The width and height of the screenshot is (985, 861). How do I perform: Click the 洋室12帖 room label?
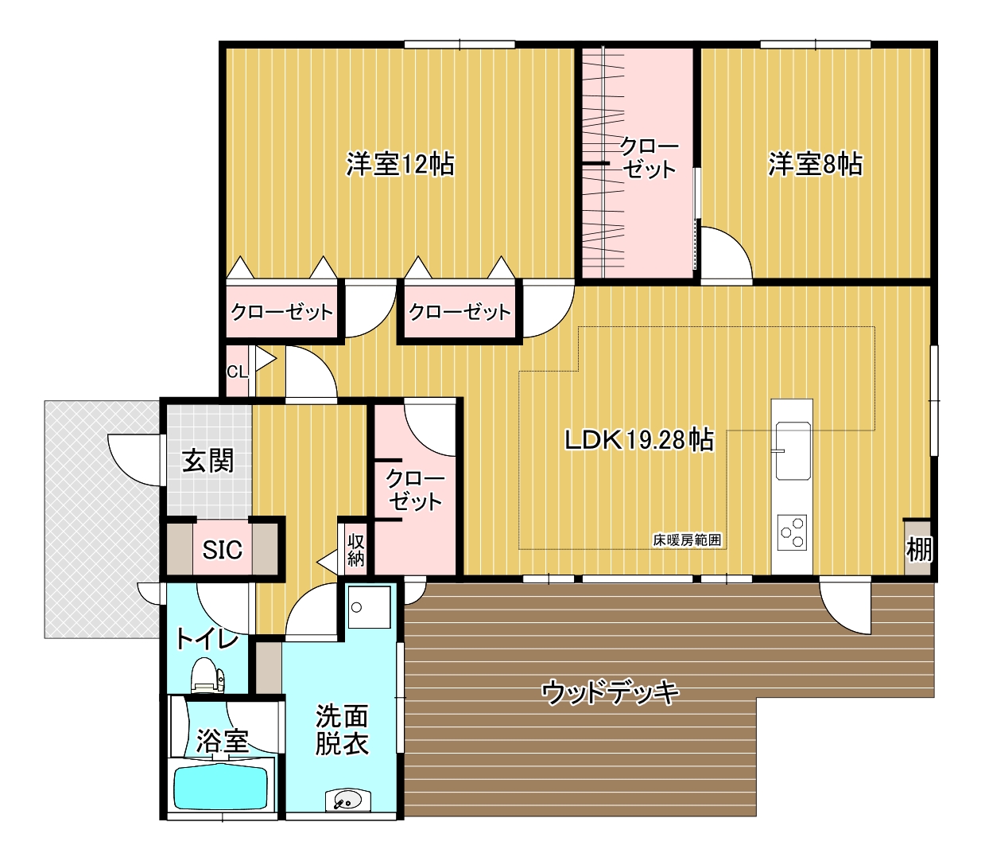[x=400, y=165]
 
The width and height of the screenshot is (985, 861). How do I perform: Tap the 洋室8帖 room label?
[x=815, y=165]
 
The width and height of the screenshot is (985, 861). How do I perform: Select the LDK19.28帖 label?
[x=639, y=439]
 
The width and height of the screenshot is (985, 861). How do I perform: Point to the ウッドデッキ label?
[x=610, y=692]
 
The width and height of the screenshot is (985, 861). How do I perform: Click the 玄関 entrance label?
[x=208, y=461]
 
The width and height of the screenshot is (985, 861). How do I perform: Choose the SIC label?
[x=222, y=550]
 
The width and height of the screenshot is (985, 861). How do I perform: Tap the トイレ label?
[x=207, y=639]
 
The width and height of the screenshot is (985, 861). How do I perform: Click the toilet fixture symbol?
[x=207, y=675]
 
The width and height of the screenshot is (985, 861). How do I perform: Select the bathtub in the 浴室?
[x=220, y=789]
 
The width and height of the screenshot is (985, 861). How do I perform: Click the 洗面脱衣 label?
[x=342, y=730]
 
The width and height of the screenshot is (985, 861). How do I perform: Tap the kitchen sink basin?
[x=793, y=451]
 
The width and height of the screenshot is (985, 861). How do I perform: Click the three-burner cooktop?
[x=792, y=532]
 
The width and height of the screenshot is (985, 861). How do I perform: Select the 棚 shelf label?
[x=919, y=549]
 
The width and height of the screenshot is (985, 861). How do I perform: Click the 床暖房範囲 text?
[x=687, y=540]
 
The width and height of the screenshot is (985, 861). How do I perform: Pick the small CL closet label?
[x=237, y=372]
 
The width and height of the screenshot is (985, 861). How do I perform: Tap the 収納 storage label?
[x=356, y=550]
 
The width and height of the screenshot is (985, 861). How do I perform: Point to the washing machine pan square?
[x=369, y=607]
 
